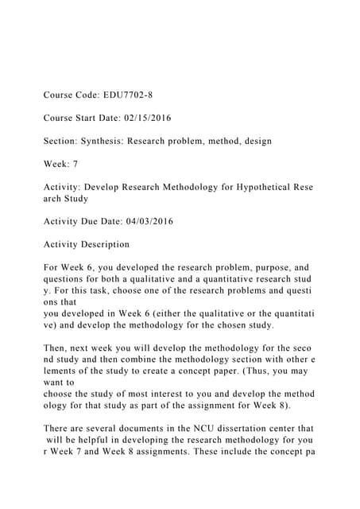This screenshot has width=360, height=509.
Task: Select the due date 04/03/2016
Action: [x=144, y=221]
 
